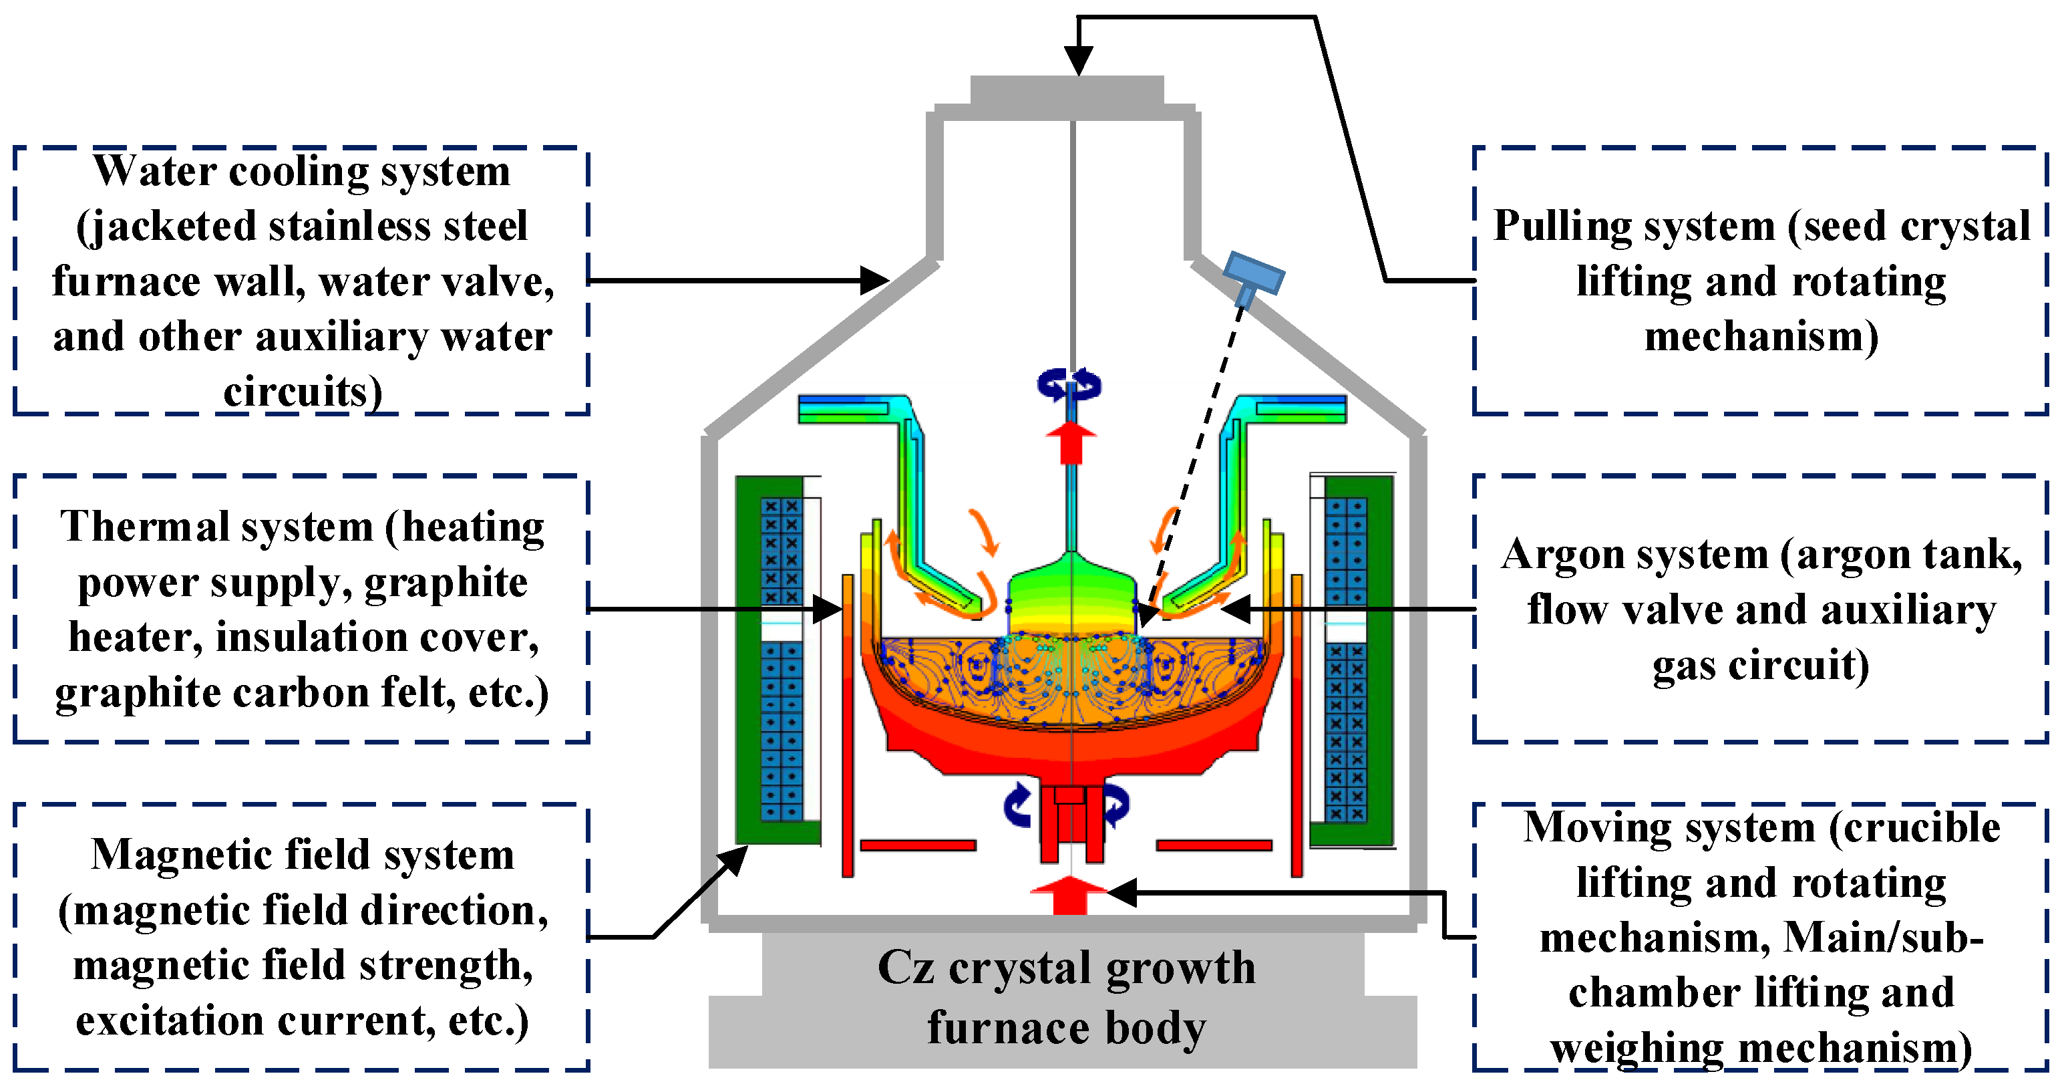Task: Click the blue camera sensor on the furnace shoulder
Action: click(1252, 275)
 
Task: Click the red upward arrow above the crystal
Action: click(1071, 442)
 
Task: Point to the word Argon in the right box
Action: click(1554, 554)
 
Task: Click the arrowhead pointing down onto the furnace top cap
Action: click(1079, 61)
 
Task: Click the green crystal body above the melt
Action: click(1071, 597)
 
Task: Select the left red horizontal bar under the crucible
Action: click(917, 845)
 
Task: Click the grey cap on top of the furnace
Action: click(1067, 90)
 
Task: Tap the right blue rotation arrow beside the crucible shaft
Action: click(1116, 805)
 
